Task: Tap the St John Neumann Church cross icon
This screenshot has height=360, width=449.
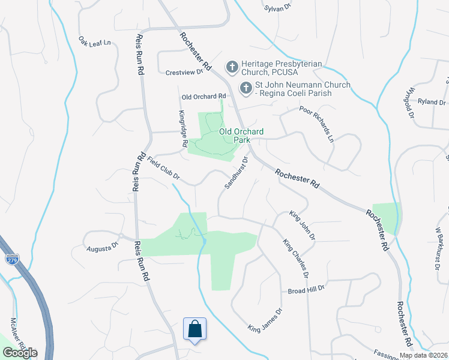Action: [x=245, y=88]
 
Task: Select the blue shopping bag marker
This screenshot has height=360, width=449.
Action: [x=194, y=329]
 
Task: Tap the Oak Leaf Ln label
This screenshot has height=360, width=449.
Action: [x=95, y=42]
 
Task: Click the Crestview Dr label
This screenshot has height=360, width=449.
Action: [x=184, y=72]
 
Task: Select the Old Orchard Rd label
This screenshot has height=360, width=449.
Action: [x=203, y=96]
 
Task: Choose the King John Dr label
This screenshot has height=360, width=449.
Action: [x=302, y=225]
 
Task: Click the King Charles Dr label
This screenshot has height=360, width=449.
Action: [x=297, y=258]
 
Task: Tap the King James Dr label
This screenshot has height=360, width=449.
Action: [x=265, y=320]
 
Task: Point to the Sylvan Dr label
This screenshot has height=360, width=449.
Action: [x=277, y=8]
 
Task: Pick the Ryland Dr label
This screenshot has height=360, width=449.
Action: [x=431, y=102]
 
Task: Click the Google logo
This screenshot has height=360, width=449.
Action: [x=19, y=352]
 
